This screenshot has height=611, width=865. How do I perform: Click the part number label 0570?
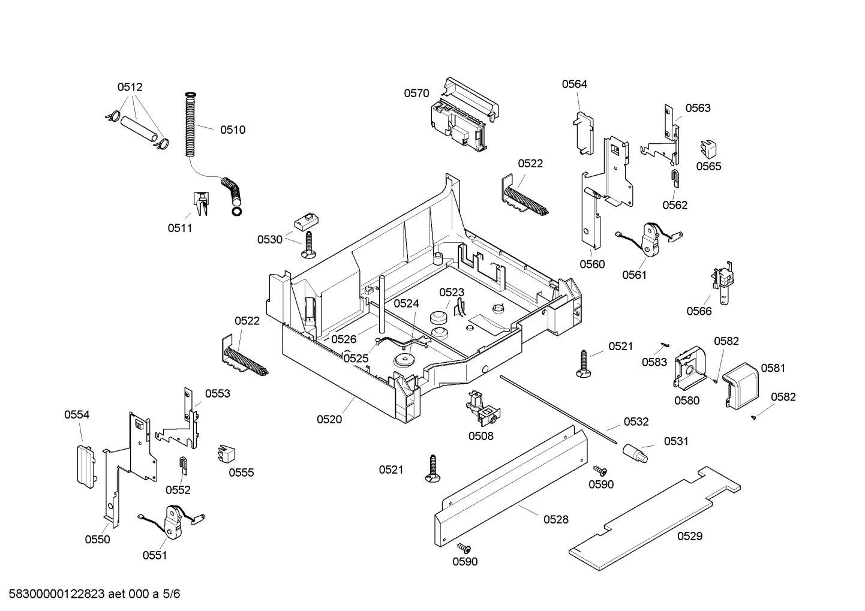pyautogui.click(x=416, y=93)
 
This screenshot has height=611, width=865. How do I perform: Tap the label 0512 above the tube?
pyautogui.click(x=130, y=87)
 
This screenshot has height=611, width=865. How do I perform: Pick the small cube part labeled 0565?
pyautogui.click(x=708, y=148)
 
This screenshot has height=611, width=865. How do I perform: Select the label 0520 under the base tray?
pyautogui.click(x=329, y=420)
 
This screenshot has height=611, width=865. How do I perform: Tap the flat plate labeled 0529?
pyautogui.click(x=654, y=516)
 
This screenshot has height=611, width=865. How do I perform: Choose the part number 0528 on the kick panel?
pyautogui.click(x=555, y=520)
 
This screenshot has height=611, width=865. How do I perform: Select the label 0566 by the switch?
pyautogui.click(x=699, y=311)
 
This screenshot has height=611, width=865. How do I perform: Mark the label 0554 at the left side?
pyautogui.click(x=77, y=414)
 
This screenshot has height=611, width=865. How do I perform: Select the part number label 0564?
pyautogui.click(x=574, y=84)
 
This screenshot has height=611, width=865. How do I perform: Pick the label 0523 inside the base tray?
pyautogui.click(x=452, y=292)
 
